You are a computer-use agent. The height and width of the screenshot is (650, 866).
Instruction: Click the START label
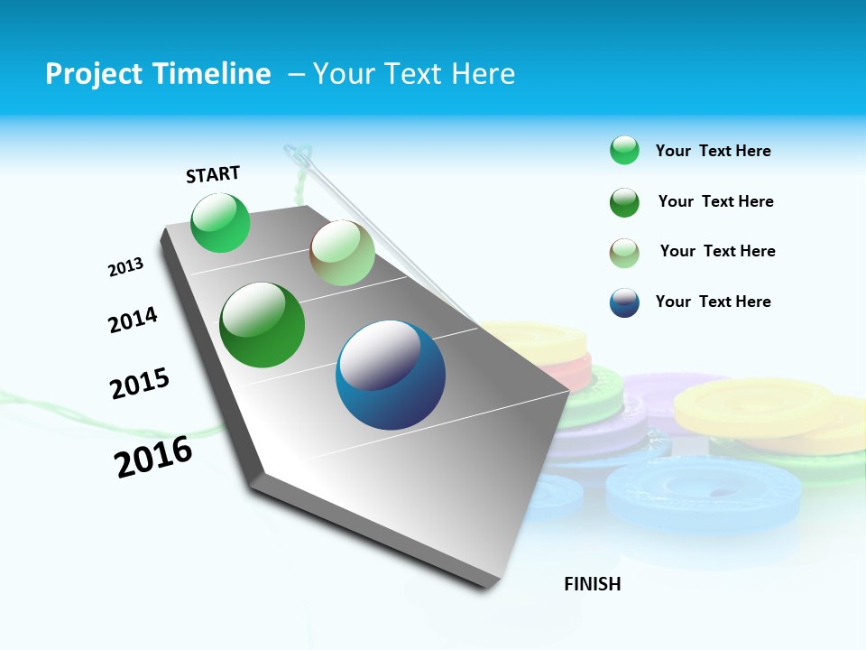tap(213, 174)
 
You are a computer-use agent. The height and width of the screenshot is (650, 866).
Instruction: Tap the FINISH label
tap(592, 584)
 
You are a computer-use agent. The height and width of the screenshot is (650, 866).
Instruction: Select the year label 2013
tap(125, 267)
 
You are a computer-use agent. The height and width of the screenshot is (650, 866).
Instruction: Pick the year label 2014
tap(133, 320)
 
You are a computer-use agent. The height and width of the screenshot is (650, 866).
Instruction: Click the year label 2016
tap(153, 456)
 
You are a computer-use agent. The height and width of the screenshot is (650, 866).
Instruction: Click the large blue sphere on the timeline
tap(391, 375)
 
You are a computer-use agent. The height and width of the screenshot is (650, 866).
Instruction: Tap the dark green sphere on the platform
tap(263, 325)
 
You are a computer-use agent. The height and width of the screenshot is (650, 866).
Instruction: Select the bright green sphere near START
tap(221, 223)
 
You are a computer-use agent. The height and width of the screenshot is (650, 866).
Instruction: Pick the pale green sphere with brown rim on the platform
tap(342, 253)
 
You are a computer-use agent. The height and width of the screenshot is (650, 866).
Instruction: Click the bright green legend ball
tap(624, 151)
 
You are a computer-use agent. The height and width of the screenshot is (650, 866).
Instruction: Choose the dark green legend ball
tap(624, 202)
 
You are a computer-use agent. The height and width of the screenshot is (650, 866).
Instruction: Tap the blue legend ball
tap(624, 302)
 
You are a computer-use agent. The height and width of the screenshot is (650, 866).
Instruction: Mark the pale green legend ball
tap(624, 252)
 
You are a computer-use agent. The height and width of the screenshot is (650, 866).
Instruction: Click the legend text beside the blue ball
tap(713, 302)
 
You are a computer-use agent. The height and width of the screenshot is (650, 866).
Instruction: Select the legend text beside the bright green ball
tap(713, 151)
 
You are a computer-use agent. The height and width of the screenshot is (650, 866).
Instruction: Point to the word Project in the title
tap(92, 74)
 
